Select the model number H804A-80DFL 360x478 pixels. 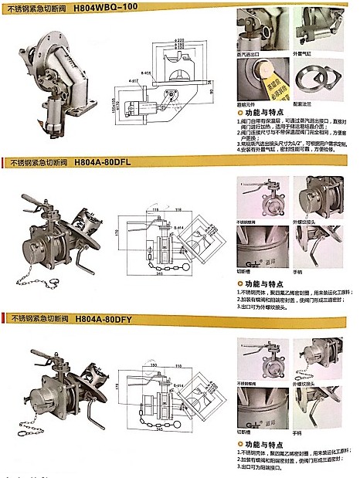point(105,162)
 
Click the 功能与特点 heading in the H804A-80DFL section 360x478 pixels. point(263,286)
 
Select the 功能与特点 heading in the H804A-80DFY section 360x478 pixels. point(263,445)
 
